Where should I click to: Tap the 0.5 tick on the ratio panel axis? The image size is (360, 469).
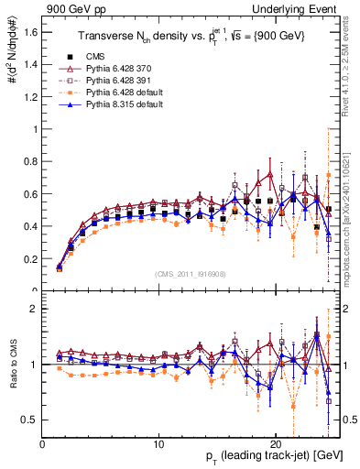pos(30,420)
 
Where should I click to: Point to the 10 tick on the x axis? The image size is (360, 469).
pos(158,441)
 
